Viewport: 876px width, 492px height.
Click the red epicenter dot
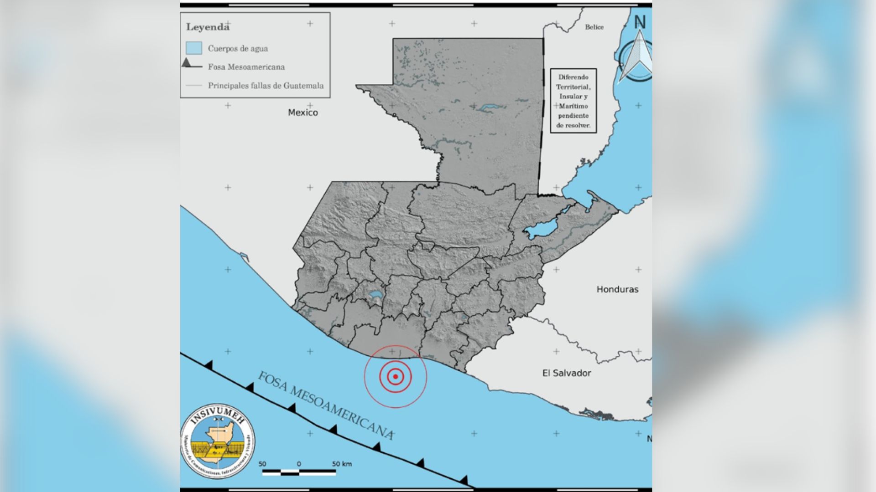pos(395,376)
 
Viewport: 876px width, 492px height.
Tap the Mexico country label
pos(303,113)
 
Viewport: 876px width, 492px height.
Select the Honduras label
pos(617,289)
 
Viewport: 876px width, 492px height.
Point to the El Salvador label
pos(566,373)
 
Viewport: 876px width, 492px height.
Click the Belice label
pos(594,27)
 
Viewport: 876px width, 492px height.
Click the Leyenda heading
pos(208,27)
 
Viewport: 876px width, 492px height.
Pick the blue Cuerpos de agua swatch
pos(194,48)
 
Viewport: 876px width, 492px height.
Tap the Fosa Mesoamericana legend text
pos(246,67)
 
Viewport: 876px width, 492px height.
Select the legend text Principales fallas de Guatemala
pos(266,86)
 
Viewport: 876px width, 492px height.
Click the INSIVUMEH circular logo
pos(218,441)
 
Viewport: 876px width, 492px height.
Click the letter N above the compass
pos(640,22)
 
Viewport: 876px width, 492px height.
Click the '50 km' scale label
pos(342,464)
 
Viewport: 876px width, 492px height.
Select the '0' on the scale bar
pos(299,464)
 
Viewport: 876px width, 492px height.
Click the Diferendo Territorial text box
pos(573,101)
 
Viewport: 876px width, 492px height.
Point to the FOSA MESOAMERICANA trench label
pos(326,405)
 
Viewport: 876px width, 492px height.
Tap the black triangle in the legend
pos(187,63)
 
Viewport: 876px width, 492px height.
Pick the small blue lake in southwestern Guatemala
pos(376,297)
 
